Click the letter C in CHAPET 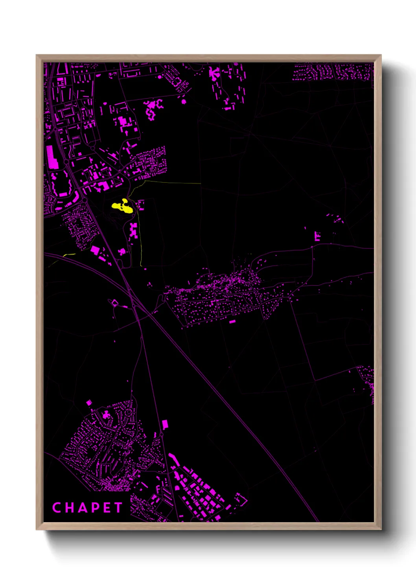[x=56, y=508]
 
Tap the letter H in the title [x=68, y=508]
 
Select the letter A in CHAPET [x=81, y=508]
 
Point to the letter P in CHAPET [x=94, y=508]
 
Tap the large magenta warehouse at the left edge [x=52, y=157]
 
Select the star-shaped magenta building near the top [x=214, y=73]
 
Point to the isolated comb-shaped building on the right [x=317, y=236]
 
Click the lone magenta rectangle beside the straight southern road [x=165, y=424]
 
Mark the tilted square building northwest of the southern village [x=89, y=403]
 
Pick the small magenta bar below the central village [x=232, y=322]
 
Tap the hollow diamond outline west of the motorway [x=115, y=303]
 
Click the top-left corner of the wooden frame [x=37, y=55]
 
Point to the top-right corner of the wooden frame [x=381, y=55]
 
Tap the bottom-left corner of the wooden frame [x=37, y=529]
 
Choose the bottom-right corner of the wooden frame [x=381, y=529]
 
